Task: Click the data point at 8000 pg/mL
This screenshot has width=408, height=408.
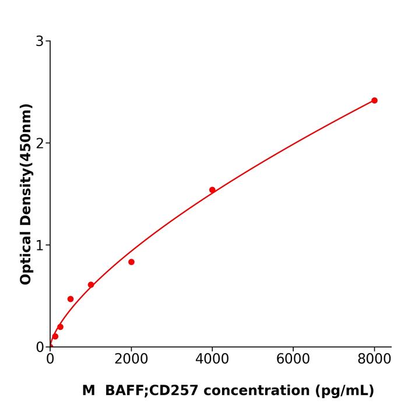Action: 374,100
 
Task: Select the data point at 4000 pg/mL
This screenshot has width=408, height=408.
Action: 212,189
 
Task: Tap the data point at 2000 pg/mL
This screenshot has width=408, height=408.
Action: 131,262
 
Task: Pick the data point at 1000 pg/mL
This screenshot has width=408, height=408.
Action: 91,284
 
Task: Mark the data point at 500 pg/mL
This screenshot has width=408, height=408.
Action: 71,298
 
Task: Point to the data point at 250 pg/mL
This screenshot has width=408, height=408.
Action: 60,326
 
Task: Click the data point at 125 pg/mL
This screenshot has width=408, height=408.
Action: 55,336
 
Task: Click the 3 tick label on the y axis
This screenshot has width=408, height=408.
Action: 40,41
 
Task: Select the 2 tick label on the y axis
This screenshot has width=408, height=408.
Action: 40,143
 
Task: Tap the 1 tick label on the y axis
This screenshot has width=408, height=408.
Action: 40,245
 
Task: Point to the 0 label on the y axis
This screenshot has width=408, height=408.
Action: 40,347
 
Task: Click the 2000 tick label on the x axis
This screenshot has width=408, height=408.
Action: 131,359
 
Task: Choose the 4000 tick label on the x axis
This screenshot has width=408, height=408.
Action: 212,359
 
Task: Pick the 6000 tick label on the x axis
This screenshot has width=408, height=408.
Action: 293,359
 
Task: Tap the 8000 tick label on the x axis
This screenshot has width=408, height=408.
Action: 374,359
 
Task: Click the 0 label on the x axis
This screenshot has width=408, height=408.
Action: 50,359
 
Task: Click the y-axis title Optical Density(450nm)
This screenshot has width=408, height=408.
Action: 26,194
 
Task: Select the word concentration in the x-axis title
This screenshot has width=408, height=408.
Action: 248,391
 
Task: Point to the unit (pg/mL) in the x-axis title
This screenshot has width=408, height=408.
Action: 344,391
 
